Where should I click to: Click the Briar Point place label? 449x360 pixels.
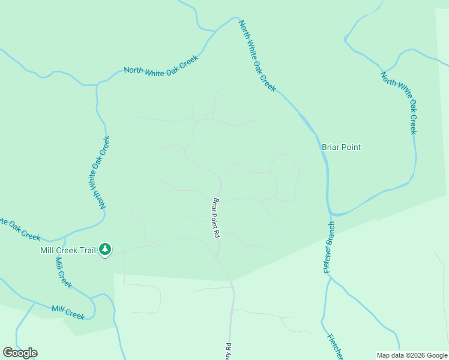[x=341, y=147]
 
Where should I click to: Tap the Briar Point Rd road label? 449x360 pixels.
[x=215, y=218]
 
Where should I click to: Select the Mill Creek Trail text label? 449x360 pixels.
[x=68, y=250]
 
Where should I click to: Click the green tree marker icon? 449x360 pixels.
[x=105, y=249]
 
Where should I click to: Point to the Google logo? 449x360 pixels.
[x=20, y=353]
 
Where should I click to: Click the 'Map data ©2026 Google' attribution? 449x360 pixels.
[x=412, y=355]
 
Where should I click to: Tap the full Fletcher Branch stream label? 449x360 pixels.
[x=330, y=248]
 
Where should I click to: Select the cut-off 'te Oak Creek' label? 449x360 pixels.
[x=20, y=229]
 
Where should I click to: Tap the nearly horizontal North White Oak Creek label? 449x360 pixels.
[x=161, y=65]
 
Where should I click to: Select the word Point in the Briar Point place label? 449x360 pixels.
[x=351, y=147]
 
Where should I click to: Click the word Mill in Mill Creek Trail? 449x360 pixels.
[x=47, y=250]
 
